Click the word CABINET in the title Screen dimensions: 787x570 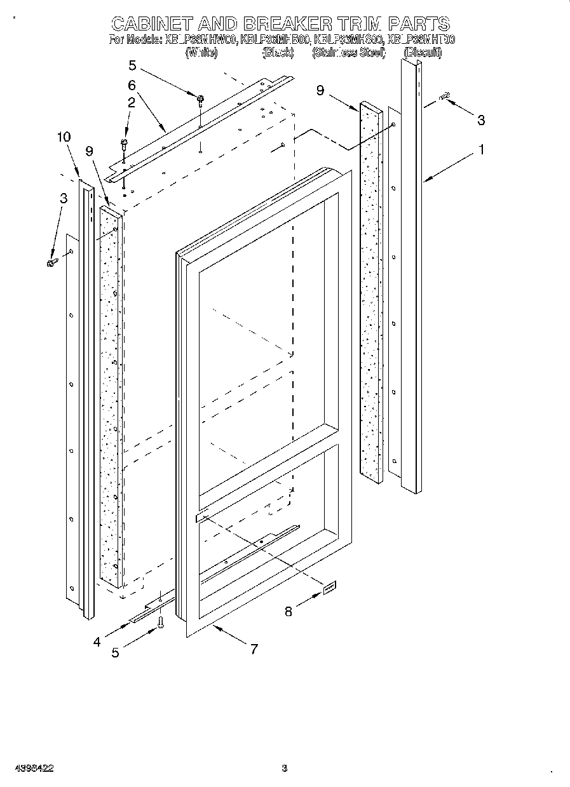[x=152, y=25]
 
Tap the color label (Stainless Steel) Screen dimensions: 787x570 [x=349, y=53]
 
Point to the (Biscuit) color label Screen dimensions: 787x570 [x=423, y=53]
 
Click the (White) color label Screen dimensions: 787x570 [x=201, y=53]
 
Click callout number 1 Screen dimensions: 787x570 [x=482, y=151]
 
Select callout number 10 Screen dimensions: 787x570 [x=64, y=137]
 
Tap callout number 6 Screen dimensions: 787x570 [x=132, y=84]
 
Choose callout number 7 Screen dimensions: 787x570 [x=254, y=649]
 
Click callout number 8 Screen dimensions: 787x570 [x=288, y=612]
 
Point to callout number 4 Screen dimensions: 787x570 [x=97, y=642]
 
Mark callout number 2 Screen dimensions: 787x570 [x=131, y=102]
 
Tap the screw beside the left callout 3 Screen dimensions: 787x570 [x=52, y=262]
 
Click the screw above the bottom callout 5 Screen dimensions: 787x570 [x=161, y=623]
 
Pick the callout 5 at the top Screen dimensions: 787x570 [x=132, y=65]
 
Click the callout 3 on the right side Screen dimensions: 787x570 [x=481, y=119]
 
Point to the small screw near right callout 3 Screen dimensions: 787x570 [x=445, y=96]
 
